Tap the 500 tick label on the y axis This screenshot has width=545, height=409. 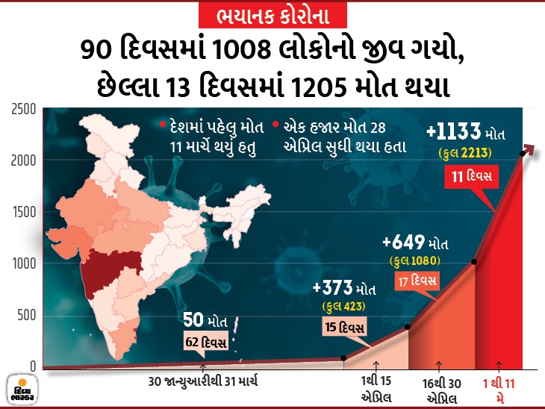tap(25, 315)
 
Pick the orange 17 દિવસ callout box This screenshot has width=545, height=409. tap(417, 281)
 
